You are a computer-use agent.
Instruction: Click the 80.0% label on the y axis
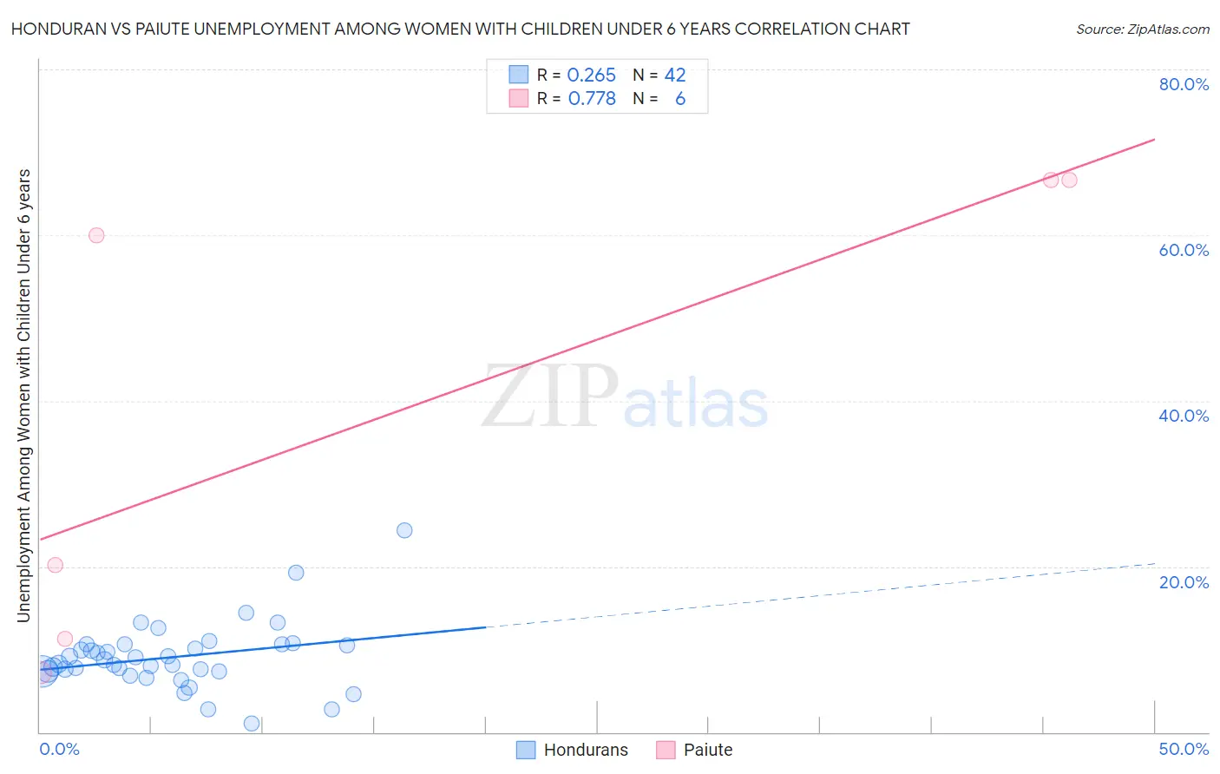(1184, 84)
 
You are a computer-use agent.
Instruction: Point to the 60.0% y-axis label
(1184, 250)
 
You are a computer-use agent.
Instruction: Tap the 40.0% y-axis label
(1184, 416)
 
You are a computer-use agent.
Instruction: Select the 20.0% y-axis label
(1184, 581)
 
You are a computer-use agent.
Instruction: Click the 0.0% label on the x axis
(59, 749)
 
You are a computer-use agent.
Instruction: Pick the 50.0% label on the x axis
(1184, 749)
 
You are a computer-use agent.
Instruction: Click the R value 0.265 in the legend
(591, 75)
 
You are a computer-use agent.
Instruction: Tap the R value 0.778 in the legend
(592, 99)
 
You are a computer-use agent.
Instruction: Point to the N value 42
(675, 75)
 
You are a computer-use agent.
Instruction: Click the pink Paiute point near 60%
(96, 235)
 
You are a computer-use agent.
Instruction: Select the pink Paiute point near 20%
(56, 565)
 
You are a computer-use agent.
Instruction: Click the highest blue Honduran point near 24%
(404, 530)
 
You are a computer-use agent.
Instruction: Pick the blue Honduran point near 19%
(296, 573)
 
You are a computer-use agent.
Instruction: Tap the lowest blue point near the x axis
(252, 724)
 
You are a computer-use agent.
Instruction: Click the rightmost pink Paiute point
(1069, 180)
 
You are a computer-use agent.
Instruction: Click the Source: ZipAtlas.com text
(1142, 30)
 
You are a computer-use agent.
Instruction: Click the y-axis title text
(23, 396)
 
